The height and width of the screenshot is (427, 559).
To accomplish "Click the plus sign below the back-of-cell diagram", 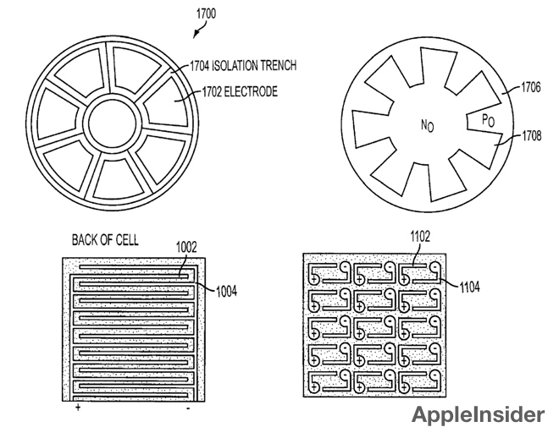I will tap(77, 408).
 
